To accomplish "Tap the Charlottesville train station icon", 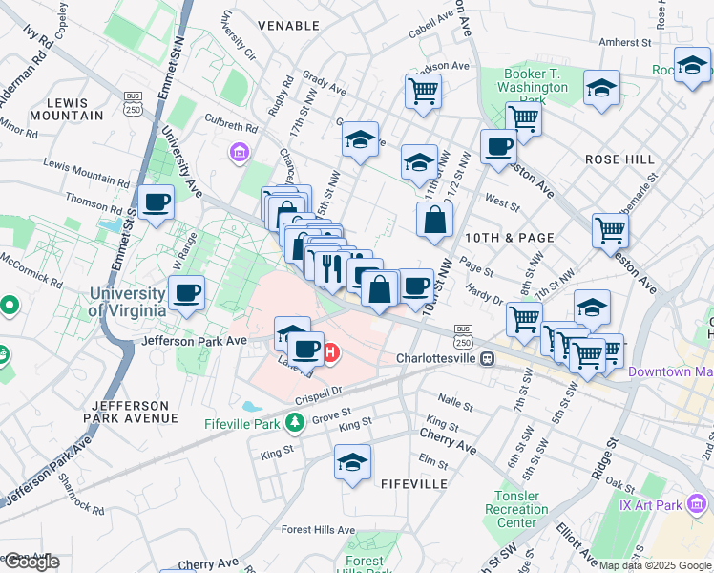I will [x=488, y=359].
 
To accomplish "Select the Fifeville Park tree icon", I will [x=296, y=422].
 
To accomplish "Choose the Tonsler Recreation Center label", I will [x=516, y=509].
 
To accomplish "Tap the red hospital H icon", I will [x=331, y=353].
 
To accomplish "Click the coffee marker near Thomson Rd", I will [x=156, y=202].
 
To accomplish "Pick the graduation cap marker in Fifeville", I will [x=352, y=463].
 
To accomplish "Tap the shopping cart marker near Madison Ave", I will [x=423, y=93].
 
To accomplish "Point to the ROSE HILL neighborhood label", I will [x=616, y=159].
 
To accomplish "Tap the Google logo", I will [x=31, y=561].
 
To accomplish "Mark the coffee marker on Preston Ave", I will [x=498, y=148].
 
